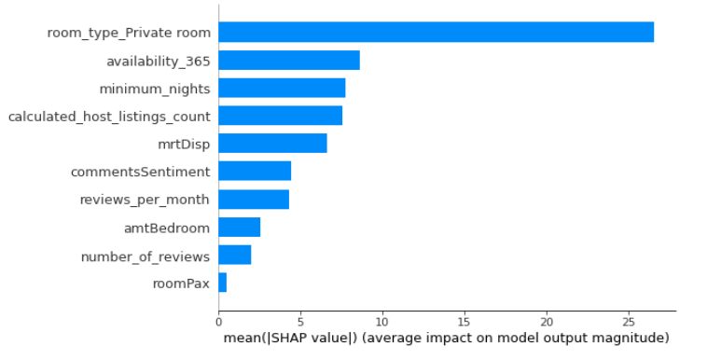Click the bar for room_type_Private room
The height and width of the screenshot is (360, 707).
[x=436, y=32]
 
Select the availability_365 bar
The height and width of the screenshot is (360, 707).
[x=289, y=60]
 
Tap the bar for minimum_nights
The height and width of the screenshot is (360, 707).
[x=282, y=88]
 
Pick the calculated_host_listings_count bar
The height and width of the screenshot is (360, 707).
[x=281, y=116]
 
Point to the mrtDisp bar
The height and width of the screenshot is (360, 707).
[x=272, y=143]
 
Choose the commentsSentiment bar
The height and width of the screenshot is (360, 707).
[x=255, y=171]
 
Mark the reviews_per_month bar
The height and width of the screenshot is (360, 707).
[x=254, y=199]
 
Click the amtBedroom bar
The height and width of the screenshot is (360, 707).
[x=240, y=227]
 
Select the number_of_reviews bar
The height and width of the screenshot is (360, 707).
[x=235, y=255]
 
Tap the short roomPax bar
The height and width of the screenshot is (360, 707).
[x=223, y=283]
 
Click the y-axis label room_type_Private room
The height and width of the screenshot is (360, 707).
[x=129, y=33]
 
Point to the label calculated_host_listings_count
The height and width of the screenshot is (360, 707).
[x=109, y=117]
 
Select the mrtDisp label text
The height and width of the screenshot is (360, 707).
[x=184, y=145]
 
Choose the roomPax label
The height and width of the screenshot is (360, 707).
[x=181, y=284]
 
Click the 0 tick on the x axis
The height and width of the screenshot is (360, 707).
[x=218, y=322]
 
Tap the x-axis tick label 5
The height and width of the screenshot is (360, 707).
[x=300, y=322]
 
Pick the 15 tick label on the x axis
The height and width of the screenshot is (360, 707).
[x=464, y=322]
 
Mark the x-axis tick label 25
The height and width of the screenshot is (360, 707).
[x=629, y=322]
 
